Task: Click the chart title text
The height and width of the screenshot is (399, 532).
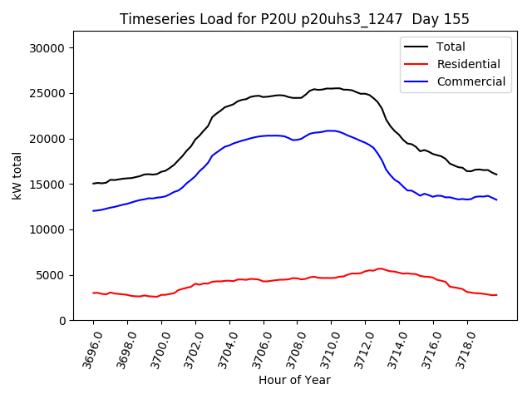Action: point(294,19)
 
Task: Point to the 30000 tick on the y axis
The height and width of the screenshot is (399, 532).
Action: point(48,48)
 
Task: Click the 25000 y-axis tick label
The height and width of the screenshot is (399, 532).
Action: point(48,93)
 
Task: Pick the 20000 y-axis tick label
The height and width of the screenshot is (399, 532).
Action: point(48,139)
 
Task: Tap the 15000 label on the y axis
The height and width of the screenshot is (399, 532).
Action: point(48,184)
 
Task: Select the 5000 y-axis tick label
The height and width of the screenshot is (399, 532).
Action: point(52,275)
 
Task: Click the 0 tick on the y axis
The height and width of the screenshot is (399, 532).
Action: point(62,320)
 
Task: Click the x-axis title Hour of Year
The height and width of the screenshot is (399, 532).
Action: point(294,380)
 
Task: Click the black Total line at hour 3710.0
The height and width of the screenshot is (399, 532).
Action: point(332,88)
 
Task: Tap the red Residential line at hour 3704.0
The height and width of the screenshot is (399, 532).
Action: point(229,281)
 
